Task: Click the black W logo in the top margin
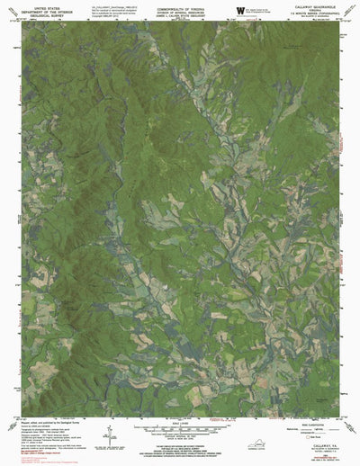coord(239,9)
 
